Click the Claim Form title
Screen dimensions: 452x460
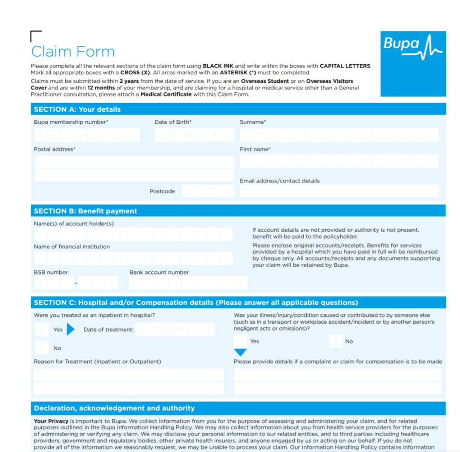[x=73, y=51]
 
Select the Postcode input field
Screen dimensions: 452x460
[x=208, y=191]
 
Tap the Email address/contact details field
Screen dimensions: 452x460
[x=339, y=191]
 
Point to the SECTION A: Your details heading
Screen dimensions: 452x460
[x=77, y=109]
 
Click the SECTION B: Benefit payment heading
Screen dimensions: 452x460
[x=85, y=211]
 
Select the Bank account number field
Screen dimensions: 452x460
[x=188, y=283]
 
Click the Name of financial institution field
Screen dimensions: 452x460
[x=133, y=258]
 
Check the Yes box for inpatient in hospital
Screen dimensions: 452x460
[x=41, y=330]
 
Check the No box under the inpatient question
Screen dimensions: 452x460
[x=41, y=348]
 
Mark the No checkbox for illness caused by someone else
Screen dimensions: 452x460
[x=336, y=341]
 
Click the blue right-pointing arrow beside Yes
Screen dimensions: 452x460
[x=70, y=330]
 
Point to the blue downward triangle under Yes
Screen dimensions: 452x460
[x=240, y=353]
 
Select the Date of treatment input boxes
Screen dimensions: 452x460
[x=175, y=330]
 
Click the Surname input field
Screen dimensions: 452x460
[x=339, y=135]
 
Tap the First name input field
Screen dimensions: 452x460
[x=339, y=161]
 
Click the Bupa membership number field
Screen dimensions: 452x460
[x=87, y=135]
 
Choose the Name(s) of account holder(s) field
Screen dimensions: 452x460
[x=133, y=234]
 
